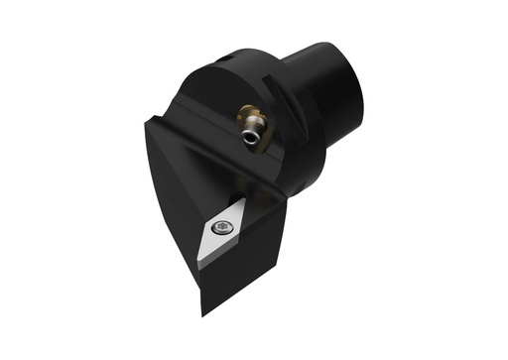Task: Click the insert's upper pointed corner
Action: pos(242,195)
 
